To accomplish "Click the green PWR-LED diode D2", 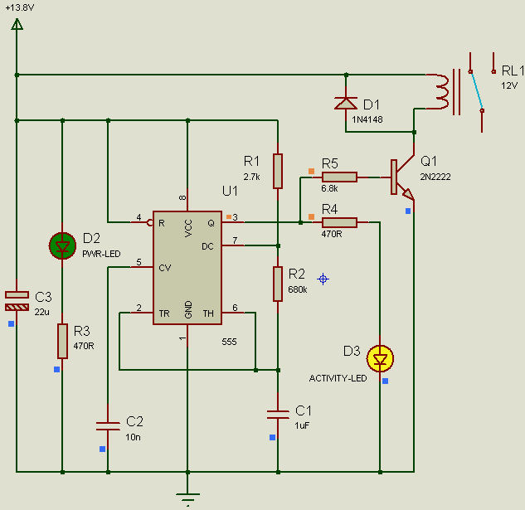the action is coord(62,245).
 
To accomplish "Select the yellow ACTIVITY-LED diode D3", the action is coord(380,358).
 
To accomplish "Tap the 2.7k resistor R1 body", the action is coord(278,171).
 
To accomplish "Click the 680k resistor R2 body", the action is coord(278,284).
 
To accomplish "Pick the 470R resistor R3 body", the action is coord(62,341).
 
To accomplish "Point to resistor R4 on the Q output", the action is coord(339,222).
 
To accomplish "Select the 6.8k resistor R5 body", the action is coord(339,177).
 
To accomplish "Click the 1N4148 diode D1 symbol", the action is coord(346,103).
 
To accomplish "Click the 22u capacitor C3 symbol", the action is coord(17,301).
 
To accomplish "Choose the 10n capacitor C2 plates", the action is coord(108,426).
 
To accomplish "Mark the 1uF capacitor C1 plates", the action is coord(278,415).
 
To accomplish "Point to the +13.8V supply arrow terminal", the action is coord(17,24).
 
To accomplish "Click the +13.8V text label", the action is coord(20,7).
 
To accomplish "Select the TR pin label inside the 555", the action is coord(164,313).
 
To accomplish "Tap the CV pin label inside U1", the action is coord(165,268).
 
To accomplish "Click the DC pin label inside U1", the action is coord(207,246).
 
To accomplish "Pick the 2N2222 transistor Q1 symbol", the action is coord(401,177).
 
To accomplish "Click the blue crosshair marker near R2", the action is coord(323,279).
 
